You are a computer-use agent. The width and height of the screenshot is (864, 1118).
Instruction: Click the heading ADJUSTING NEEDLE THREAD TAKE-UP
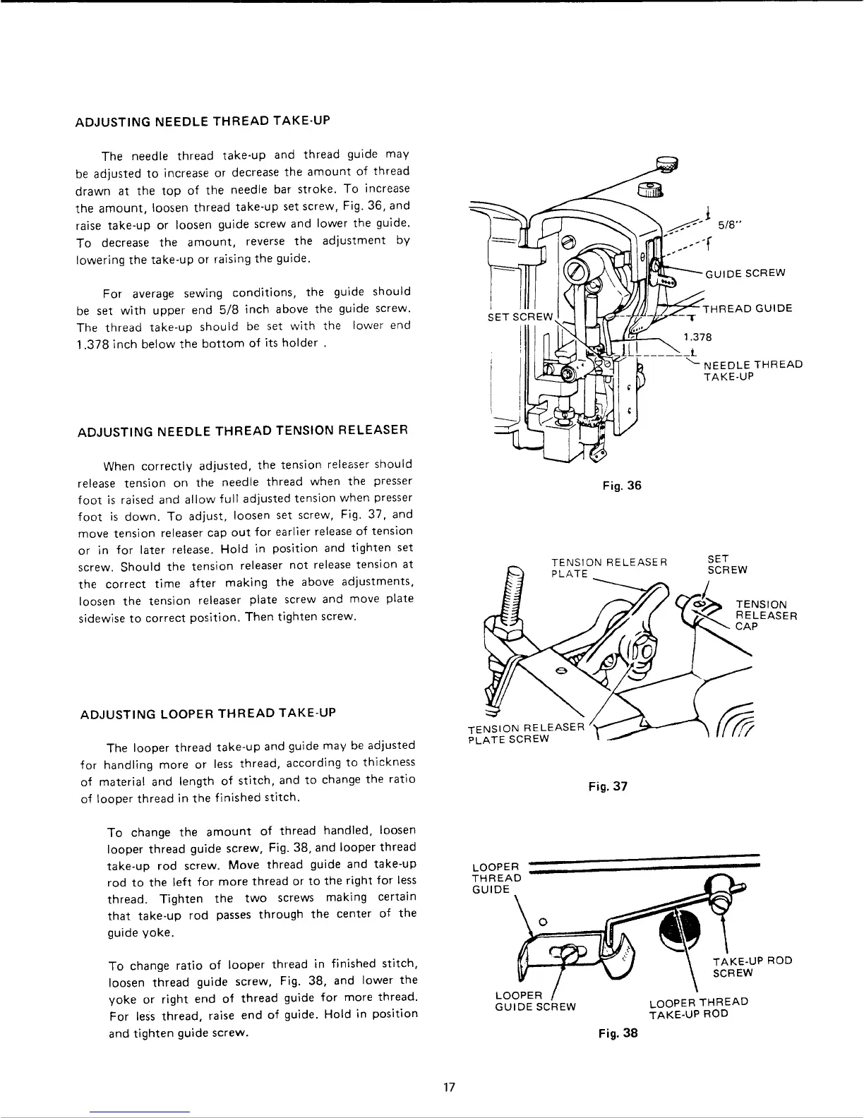pos(203,120)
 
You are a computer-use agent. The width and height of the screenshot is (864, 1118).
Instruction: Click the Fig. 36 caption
pos(622,485)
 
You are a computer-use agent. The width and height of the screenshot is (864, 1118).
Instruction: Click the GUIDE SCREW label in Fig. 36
pos(745,274)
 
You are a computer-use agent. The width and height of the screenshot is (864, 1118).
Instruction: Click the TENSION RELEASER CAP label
pos(766,615)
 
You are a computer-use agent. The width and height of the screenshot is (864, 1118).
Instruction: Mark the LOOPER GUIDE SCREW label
pos(536,1001)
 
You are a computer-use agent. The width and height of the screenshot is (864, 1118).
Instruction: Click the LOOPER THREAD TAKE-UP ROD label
pos(698,1007)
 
